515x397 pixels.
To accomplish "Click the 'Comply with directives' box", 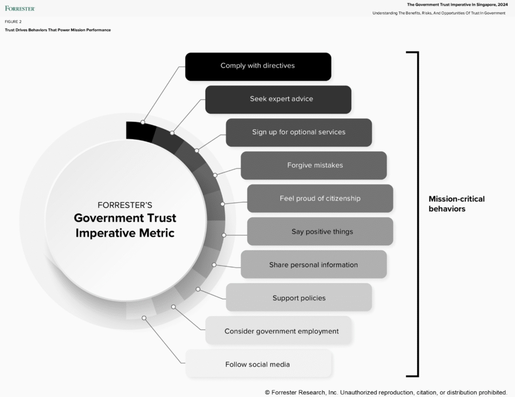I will [258, 66].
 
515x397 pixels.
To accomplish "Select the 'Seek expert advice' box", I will [278, 100].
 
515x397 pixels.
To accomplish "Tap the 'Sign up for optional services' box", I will [299, 133].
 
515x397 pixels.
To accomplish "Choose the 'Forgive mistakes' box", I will [314, 165].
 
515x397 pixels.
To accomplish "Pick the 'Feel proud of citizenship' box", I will [320, 198].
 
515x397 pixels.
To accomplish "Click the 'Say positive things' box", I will [320, 232].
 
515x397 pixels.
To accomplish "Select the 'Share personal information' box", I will [314, 265].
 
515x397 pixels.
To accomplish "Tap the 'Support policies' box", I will [299, 298].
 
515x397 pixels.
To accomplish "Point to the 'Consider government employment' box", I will [278, 331].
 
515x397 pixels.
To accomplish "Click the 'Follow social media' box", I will [258, 364].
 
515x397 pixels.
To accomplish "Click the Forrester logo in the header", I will [20, 8].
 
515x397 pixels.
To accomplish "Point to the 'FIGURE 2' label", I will [13, 22].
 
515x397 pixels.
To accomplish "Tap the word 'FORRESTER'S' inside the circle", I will [125, 205].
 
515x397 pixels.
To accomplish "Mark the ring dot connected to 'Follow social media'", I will [144, 318].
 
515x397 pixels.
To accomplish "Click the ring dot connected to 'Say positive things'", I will [224, 235].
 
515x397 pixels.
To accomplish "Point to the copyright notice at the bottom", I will [386, 392].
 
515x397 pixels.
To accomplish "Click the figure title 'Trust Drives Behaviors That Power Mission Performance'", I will [58, 30].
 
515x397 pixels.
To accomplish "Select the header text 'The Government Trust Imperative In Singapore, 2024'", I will [457, 5].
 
